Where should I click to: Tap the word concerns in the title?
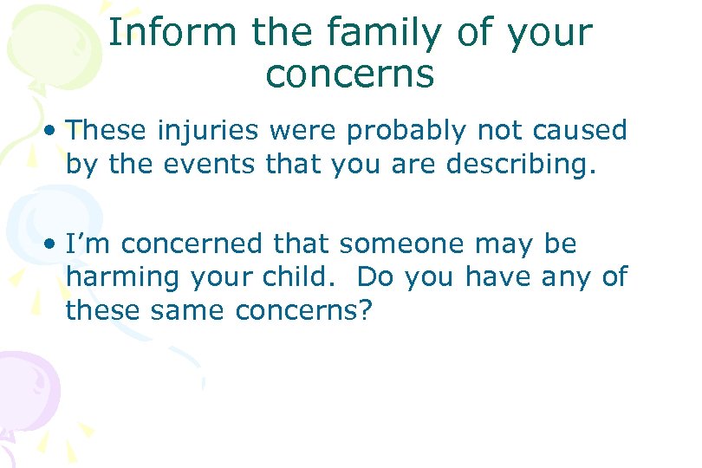click(x=349, y=75)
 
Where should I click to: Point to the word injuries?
click(x=208, y=131)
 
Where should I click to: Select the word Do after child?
click(x=374, y=277)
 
